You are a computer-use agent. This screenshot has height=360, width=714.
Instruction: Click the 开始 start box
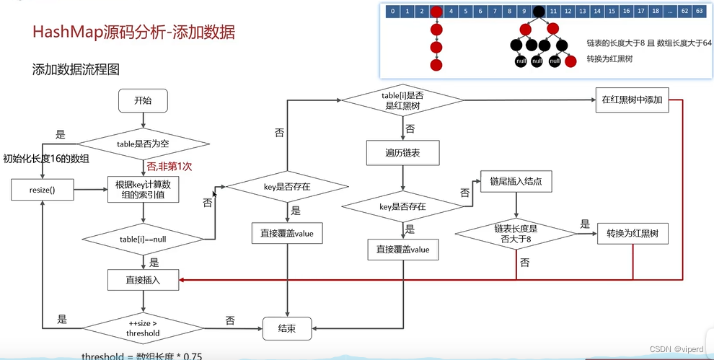[x=143, y=101]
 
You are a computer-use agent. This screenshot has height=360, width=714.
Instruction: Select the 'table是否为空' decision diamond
[x=143, y=144]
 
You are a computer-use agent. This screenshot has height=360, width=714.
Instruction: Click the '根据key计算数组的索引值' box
[x=143, y=189]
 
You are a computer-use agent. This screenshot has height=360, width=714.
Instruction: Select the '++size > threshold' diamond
[x=143, y=328]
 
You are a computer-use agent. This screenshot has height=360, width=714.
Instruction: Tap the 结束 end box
[x=288, y=329]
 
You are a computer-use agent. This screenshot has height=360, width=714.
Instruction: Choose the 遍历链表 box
[x=402, y=154]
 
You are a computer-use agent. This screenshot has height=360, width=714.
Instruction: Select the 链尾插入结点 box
[x=516, y=183]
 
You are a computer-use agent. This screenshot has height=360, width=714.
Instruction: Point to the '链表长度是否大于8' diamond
[x=515, y=234]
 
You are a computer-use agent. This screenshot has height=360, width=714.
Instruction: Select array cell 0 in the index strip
[x=392, y=12]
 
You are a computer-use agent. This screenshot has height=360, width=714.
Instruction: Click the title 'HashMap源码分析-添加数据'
[x=133, y=32]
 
